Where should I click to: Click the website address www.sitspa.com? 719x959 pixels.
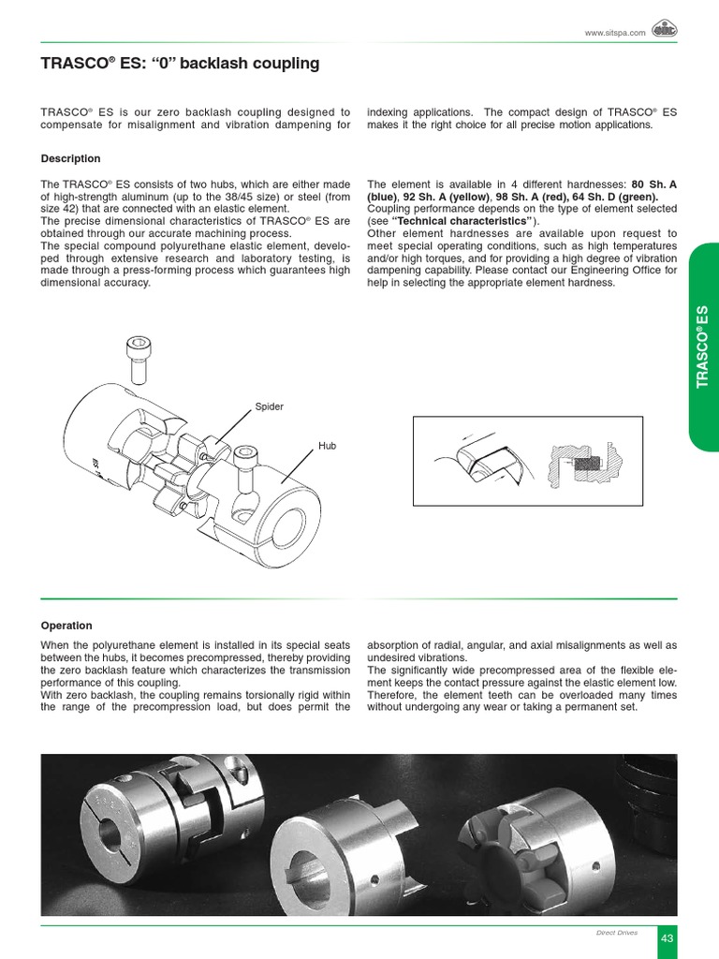coord(615,33)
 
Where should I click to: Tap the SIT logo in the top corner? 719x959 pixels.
coord(666,30)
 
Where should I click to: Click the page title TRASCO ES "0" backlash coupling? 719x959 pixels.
coord(181,64)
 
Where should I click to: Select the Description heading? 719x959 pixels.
coord(70,158)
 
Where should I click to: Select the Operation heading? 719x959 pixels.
coord(66,626)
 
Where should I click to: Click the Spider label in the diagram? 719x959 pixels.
coord(269,407)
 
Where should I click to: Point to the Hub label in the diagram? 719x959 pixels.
coord(327,447)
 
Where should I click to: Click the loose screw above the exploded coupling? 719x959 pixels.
coord(138,361)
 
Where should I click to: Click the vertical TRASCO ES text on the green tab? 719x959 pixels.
coord(703,347)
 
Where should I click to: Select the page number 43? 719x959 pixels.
coord(668,937)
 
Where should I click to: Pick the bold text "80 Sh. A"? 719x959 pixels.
coord(654,184)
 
